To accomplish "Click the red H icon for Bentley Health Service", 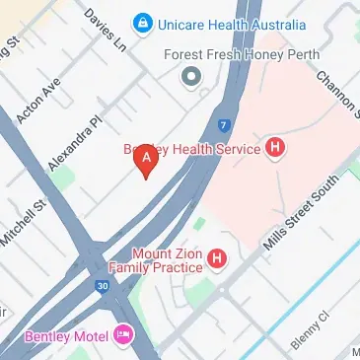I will coord(276,149).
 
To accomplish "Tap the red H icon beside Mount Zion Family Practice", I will coord(217,259).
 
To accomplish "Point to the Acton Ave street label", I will coord(42,96).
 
